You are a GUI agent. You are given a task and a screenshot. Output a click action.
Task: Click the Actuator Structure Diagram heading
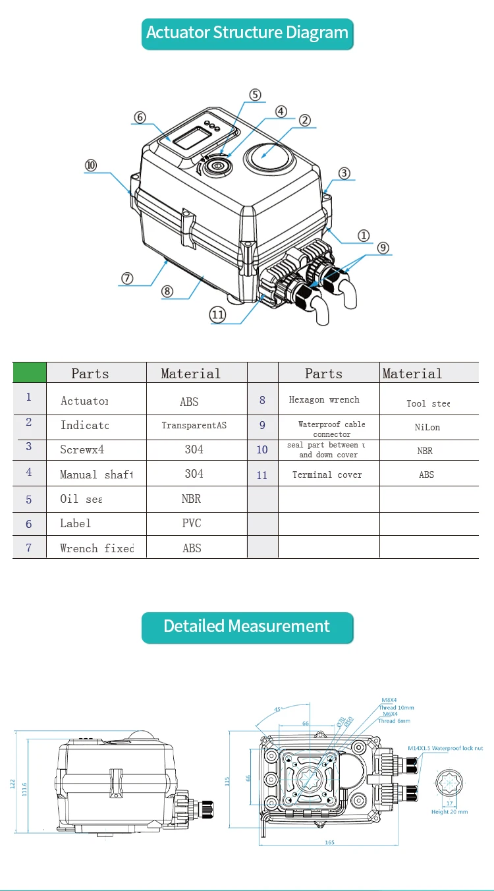coord(247,33)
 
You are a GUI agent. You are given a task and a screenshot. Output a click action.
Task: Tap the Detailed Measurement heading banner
coord(247,627)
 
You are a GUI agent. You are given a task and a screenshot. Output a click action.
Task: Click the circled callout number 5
coord(255,95)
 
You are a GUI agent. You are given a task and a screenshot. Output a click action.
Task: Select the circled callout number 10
coord(91,165)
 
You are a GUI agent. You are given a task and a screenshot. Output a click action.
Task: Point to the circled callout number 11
coord(219,314)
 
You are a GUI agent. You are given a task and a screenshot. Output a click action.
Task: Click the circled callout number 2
coord(304,120)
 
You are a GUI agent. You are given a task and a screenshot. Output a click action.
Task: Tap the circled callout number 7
coord(127,277)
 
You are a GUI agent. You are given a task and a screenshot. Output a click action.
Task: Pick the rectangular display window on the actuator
coord(192,138)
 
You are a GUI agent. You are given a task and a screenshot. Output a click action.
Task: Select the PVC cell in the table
coord(191,523)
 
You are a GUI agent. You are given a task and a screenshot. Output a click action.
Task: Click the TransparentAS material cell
coord(194,426)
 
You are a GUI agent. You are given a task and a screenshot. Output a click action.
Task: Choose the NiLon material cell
coord(427,427)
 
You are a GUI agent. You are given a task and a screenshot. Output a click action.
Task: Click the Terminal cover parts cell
coord(327,474)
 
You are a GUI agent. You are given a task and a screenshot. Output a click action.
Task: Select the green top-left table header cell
coord(30,372)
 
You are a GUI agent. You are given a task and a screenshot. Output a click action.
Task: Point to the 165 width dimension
coord(329,842)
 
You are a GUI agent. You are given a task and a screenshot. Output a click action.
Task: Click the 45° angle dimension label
coord(278,709)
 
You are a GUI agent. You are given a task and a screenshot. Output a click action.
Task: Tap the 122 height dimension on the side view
coord(12,783)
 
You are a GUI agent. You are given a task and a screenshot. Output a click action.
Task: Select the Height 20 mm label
coord(449,811)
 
